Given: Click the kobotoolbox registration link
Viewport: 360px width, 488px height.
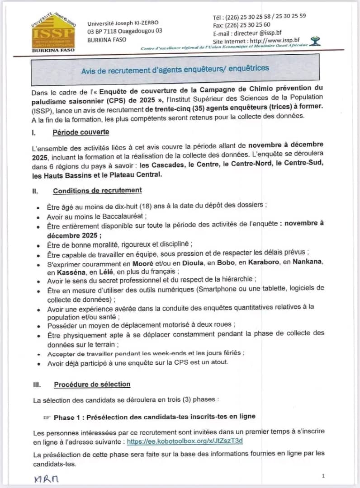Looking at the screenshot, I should pos(185,441).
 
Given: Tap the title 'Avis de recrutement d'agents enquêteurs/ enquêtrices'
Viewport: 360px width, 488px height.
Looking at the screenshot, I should pos(175,69).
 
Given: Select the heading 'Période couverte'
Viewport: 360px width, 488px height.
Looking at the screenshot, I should pos(81,132).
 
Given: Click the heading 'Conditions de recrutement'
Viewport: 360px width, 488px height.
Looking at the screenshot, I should pos(97,190).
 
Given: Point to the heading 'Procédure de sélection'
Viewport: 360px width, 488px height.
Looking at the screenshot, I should pos(92,385).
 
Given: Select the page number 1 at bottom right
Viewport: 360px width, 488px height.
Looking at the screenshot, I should pos(323,476).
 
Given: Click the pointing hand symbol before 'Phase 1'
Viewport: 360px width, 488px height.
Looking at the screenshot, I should pos(47,417).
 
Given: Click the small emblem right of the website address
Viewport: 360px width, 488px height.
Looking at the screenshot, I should pos(316,41).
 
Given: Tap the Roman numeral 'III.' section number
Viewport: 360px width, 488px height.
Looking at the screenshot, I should pos(37,385).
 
